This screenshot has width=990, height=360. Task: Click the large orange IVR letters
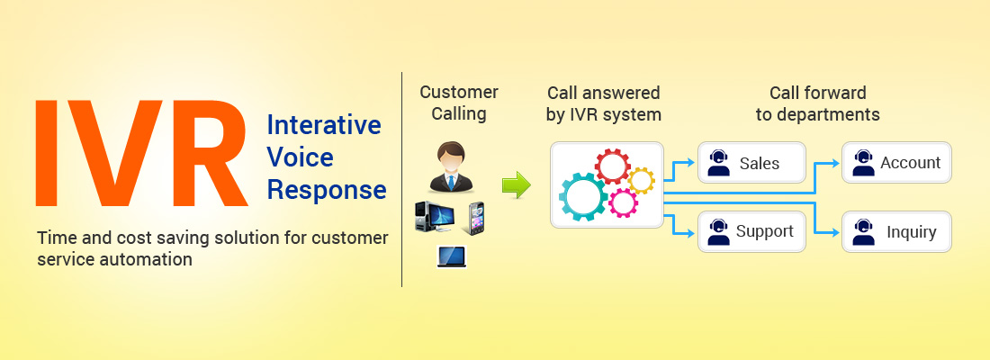click(x=140, y=154)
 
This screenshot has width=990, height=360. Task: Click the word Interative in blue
click(x=324, y=125)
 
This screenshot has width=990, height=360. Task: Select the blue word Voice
click(x=300, y=157)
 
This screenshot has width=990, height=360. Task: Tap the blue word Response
click(x=327, y=191)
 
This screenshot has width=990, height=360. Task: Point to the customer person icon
click(x=451, y=166)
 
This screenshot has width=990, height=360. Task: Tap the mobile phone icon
click(x=476, y=219)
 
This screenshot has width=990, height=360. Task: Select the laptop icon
click(x=452, y=256)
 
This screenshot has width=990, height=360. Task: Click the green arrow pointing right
click(x=517, y=184)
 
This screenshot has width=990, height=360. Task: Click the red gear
click(x=612, y=166)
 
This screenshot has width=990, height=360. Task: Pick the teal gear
click(x=583, y=196)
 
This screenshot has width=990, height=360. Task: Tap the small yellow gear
click(x=640, y=181)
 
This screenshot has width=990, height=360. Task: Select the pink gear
click(x=623, y=202)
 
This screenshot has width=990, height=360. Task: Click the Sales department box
click(x=752, y=162)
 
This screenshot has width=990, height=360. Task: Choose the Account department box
click(x=896, y=162)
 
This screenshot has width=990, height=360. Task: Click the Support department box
click(x=752, y=232)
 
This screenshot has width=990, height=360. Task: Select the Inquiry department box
click(x=896, y=232)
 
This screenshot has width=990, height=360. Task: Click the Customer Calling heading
click(x=459, y=103)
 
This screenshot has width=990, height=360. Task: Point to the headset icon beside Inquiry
click(x=863, y=232)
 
